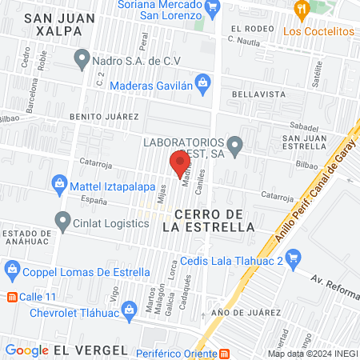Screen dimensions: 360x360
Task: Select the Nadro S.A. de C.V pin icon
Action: tap(82, 58)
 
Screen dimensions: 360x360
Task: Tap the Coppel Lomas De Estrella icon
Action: tap(10, 268)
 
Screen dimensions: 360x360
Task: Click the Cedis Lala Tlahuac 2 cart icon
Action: tap(294, 258)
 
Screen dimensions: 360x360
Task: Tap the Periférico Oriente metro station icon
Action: tap(225, 352)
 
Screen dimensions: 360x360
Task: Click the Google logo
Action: tap(26, 350)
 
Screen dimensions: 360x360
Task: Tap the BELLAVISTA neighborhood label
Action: tap(254, 94)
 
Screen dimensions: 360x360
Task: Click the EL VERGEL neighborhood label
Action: tap(90, 350)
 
